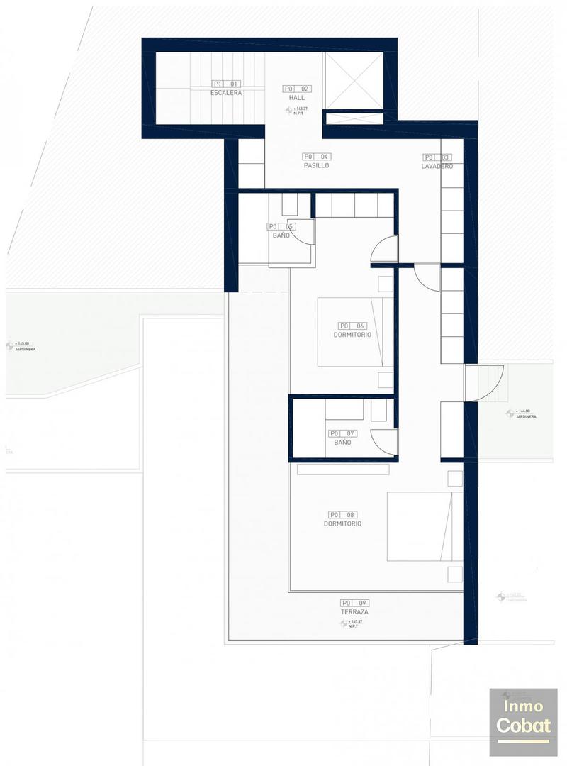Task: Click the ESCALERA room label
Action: pos(226,93)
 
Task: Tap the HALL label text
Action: pos(296,98)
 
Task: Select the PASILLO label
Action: pos(316,165)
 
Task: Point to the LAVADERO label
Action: pos(437,166)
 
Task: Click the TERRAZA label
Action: pos(354,611)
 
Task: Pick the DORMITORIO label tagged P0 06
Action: pos(352,335)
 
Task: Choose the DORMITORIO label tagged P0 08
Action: pos(342,523)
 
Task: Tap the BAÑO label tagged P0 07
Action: pos(342,443)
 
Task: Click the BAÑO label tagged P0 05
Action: pos(281,235)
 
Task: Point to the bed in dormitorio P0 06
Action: pos(354,331)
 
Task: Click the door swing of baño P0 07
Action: pos(383,443)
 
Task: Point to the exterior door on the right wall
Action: pos(485,383)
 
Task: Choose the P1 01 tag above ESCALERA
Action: pos(226,84)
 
